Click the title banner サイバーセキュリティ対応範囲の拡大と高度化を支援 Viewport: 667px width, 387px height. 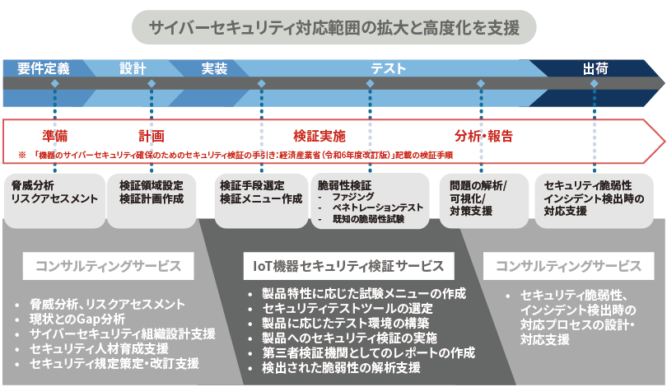click(x=333, y=28)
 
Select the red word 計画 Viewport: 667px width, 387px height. click(x=152, y=135)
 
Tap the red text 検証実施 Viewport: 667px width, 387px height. click(x=320, y=135)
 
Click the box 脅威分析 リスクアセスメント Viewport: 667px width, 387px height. click(x=54, y=192)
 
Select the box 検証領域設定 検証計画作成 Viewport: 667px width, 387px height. click(x=152, y=192)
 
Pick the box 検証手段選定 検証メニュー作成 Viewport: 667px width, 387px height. click(x=261, y=192)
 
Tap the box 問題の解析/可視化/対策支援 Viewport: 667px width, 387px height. click(x=483, y=198)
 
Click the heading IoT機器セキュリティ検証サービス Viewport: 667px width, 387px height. click(x=349, y=266)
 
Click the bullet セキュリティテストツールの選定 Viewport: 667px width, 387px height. click(x=347, y=308)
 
